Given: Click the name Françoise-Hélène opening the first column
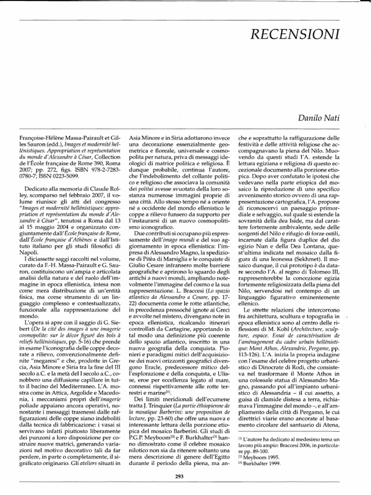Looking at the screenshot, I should (39, 138).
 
